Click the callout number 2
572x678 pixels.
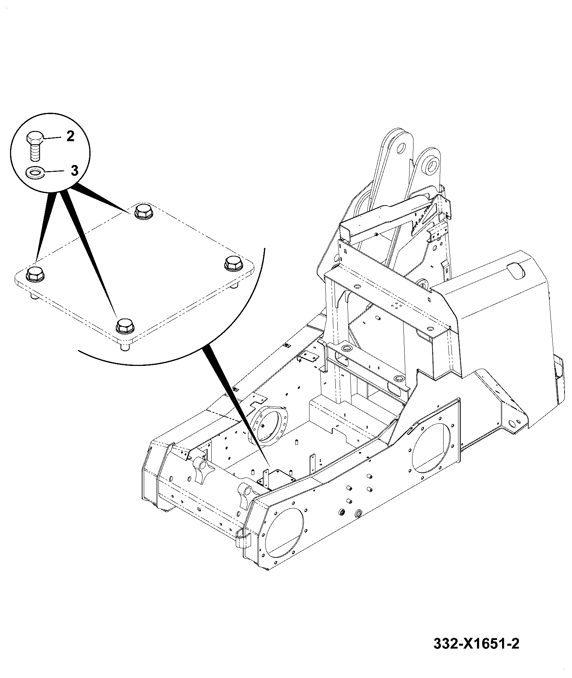pos(70,136)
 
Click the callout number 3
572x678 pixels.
pos(74,170)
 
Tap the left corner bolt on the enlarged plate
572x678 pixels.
pos(34,273)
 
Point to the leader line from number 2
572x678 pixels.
pos(54,137)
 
